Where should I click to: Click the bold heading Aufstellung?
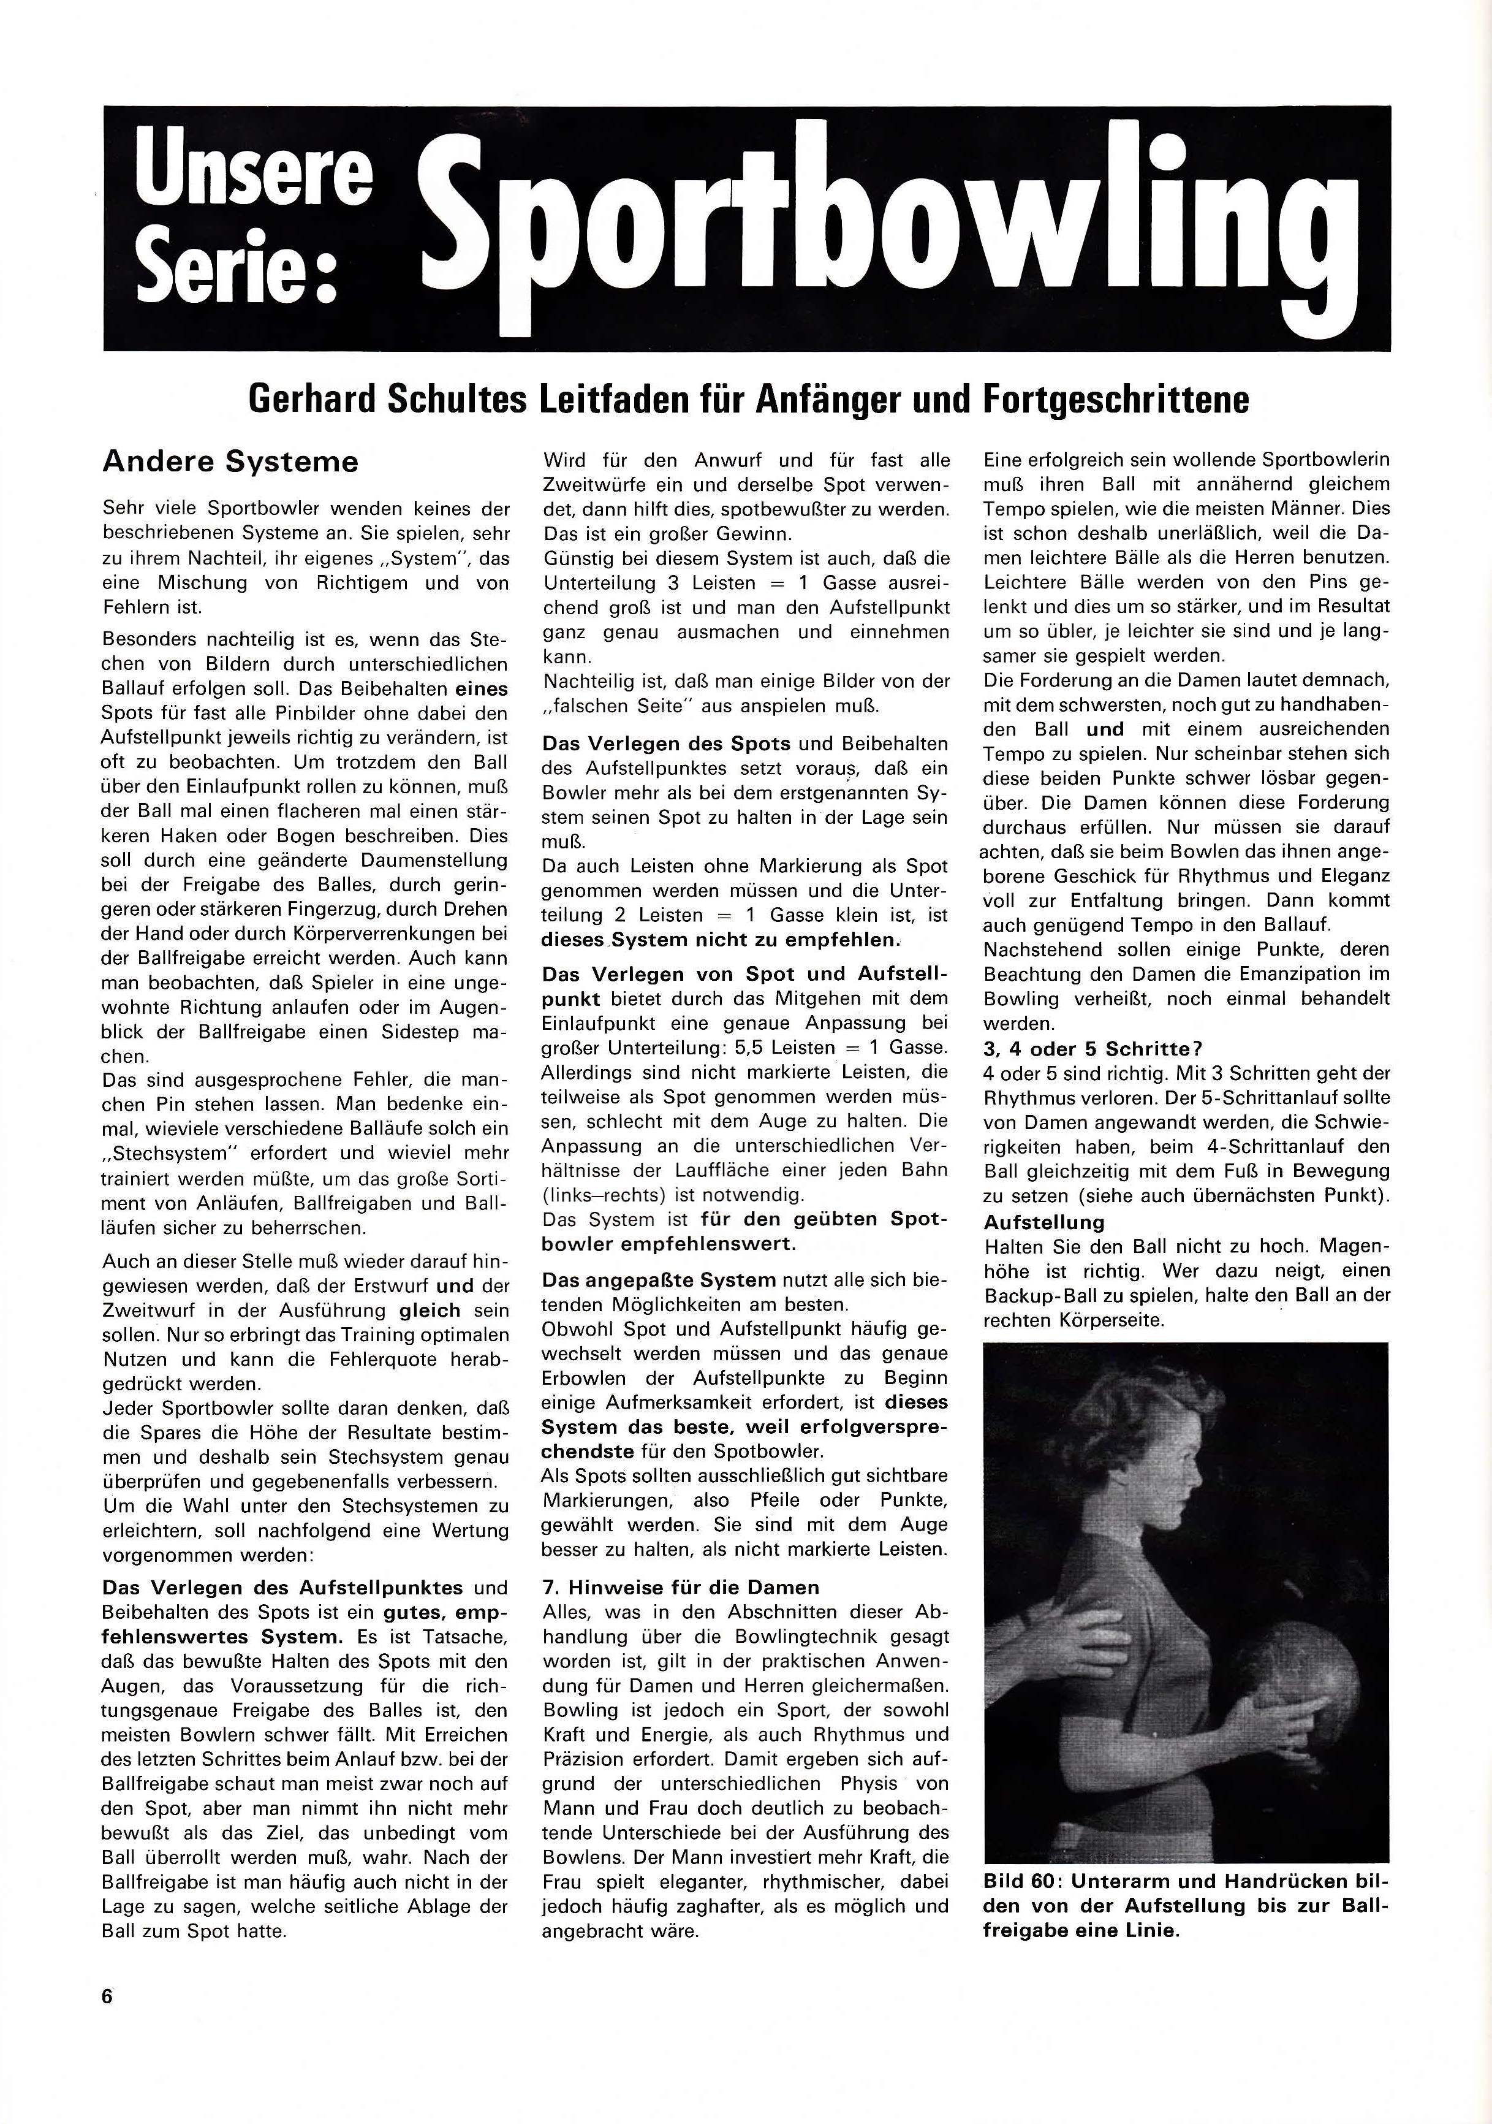1043,1222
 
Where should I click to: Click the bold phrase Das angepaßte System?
659,1281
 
